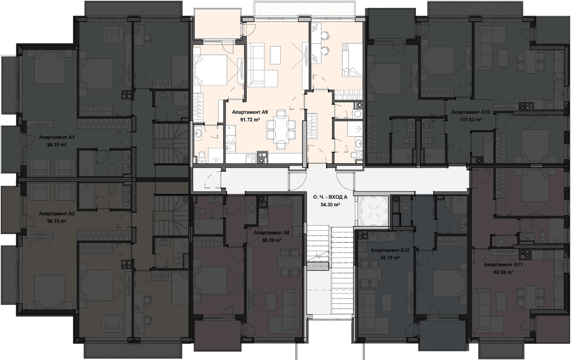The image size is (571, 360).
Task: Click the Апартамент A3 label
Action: (x=57, y=137)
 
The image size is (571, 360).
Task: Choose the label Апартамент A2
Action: (x=57, y=214)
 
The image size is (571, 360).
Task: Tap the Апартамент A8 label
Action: (x=272, y=233)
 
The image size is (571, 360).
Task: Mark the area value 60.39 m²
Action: (x=272, y=240)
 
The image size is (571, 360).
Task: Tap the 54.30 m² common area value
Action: (x=331, y=204)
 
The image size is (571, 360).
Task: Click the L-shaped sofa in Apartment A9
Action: (x=262, y=66)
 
